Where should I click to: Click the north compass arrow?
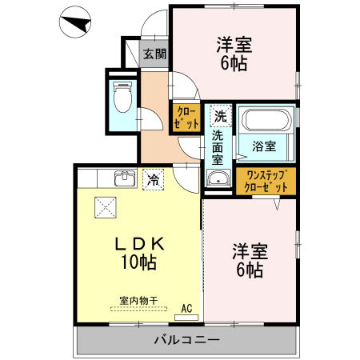(74, 23)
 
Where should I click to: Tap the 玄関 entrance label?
(154, 55)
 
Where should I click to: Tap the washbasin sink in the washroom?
(216, 178)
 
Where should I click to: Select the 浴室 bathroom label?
(264, 146)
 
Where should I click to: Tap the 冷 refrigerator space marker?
(152, 180)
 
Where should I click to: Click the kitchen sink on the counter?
(123, 178)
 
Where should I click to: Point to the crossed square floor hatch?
(106, 207)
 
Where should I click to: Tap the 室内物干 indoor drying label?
(138, 300)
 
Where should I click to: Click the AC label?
(186, 307)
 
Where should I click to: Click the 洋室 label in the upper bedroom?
(234, 45)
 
